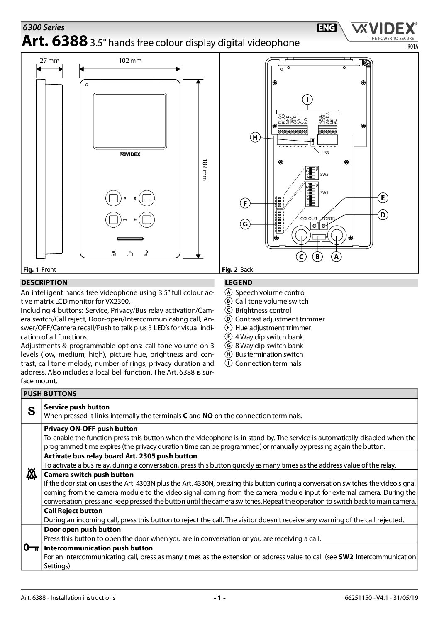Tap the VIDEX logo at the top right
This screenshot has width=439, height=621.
coord(384,29)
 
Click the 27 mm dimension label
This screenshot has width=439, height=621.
coord(49,61)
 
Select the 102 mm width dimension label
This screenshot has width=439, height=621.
coord(130,61)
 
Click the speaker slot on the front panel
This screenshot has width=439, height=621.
coord(130,239)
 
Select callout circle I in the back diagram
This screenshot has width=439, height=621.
coord(307,100)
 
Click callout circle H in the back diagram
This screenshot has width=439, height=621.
coord(256,137)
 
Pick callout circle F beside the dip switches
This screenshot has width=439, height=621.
coord(245,203)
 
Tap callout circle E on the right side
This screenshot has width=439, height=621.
coord(383,198)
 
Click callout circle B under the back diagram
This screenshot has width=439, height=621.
coord(318,257)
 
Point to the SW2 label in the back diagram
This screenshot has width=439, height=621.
coord(324,175)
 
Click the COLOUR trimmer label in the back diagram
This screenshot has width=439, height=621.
coord(309,219)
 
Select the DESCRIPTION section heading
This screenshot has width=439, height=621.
coord(44,283)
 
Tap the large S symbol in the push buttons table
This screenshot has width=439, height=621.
coord(31,411)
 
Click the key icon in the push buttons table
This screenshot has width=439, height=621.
coord(31,548)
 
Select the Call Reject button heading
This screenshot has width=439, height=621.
coord(73,511)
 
